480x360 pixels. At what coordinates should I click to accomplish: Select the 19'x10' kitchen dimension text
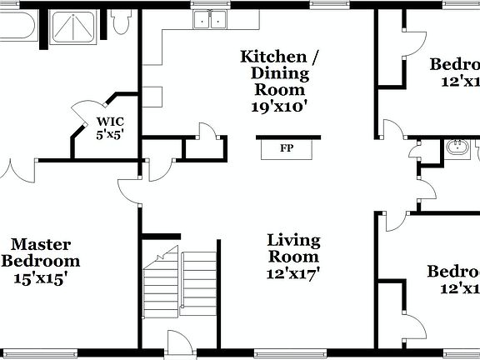(279, 106)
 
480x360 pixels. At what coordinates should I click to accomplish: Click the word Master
(40, 244)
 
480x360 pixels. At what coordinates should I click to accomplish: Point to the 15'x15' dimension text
(40, 278)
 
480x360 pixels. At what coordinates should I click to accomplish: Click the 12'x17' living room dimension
(293, 272)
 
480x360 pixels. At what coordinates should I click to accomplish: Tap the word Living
(293, 241)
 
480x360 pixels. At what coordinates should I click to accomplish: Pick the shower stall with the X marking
(73, 29)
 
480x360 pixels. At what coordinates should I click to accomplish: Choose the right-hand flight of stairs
(200, 287)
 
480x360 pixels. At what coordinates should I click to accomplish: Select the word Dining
(279, 73)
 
